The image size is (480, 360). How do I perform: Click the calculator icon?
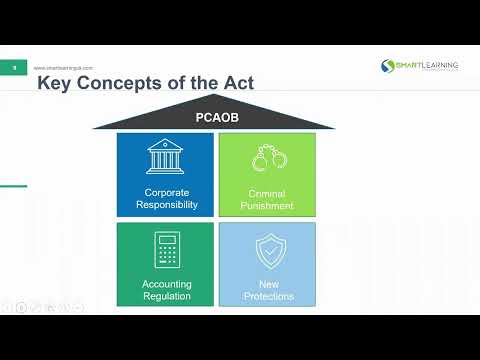coord(165,249)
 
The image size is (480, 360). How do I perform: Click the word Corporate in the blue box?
coord(165,192)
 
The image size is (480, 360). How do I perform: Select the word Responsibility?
coord(165,205)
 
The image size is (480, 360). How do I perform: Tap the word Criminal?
coord(267,192)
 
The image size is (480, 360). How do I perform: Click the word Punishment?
coord(267,205)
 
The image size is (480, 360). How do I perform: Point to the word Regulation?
coord(165,295)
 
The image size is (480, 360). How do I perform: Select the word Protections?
coord(267,295)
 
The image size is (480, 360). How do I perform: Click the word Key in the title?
coord(54,83)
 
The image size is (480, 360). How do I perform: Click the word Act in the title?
coord(236,83)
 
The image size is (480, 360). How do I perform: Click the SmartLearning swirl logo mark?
coord(388,66)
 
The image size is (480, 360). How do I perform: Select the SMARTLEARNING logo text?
coord(428,65)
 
